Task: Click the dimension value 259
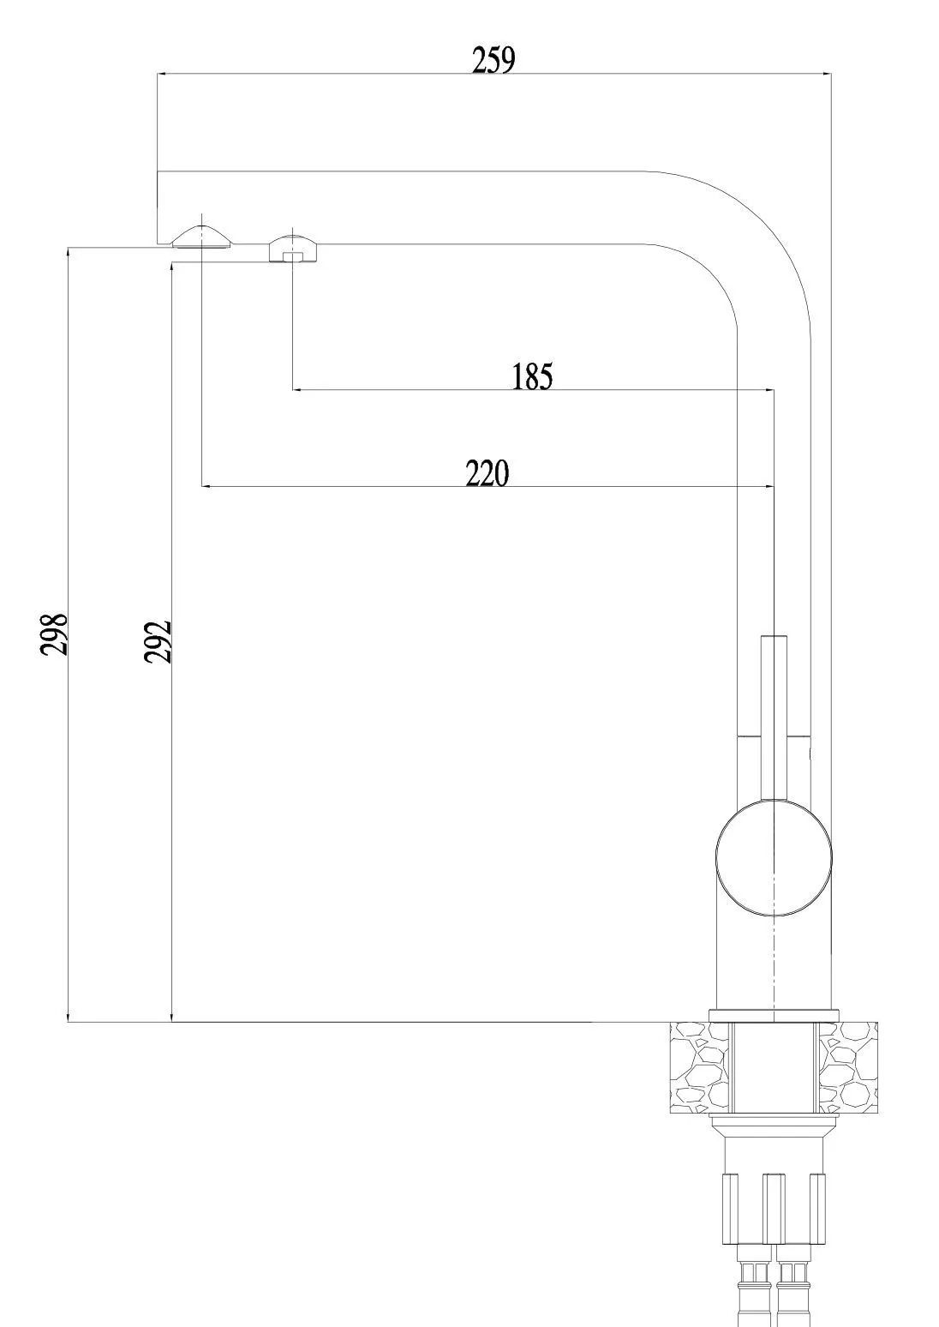pyautogui.click(x=493, y=60)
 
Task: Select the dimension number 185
pyautogui.click(x=532, y=376)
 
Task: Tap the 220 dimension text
pyautogui.click(x=487, y=473)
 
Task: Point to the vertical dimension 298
pyautogui.click(x=53, y=634)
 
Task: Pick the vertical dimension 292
pyautogui.click(x=158, y=641)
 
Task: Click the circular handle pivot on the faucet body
pyautogui.click(x=774, y=856)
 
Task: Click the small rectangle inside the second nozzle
pyautogui.click(x=293, y=256)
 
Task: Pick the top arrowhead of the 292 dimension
pyautogui.click(x=171, y=271)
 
